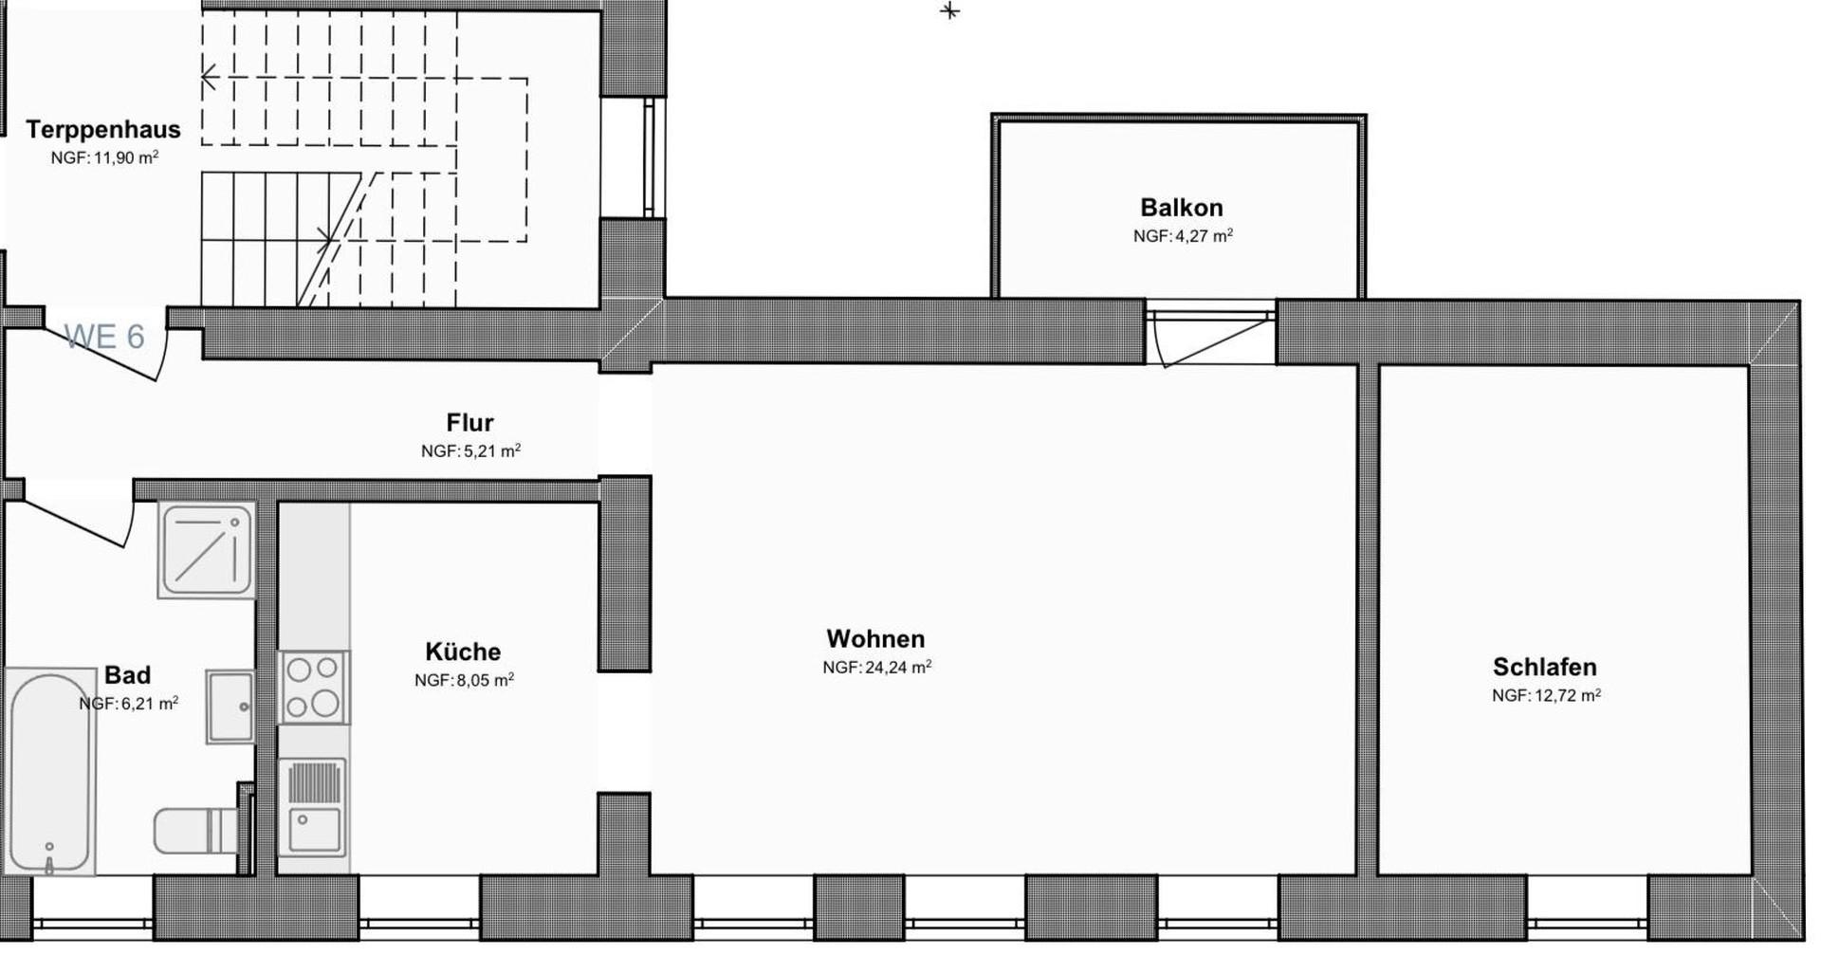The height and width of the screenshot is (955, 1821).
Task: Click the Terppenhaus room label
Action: click(x=102, y=129)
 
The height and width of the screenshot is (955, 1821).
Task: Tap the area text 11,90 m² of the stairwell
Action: click(x=104, y=157)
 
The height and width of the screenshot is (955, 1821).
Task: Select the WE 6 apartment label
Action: click(x=104, y=337)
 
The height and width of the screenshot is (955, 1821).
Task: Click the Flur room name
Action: click(x=469, y=422)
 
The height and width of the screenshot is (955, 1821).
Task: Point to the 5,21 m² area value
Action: click(x=470, y=451)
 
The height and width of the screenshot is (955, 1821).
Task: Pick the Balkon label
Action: click(x=1181, y=207)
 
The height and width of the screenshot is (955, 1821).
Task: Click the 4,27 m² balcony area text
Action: click(x=1183, y=236)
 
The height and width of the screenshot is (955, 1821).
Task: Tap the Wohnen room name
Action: click(x=875, y=638)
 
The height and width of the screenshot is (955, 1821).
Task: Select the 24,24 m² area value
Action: click(x=876, y=668)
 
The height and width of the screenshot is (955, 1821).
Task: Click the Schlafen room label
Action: click(x=1544, y=667)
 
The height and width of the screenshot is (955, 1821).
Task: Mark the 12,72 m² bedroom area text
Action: click(x=1546, y=695)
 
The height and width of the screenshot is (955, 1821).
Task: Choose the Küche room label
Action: click(x=463, y=652)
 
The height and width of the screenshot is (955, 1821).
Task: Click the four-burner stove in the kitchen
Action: click(x=313, y=687)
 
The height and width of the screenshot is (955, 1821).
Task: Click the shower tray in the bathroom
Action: click(x=207, y=550)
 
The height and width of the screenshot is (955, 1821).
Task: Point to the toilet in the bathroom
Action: click(x=194, y=830)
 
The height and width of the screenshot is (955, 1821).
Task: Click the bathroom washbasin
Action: click(x=230, y=706)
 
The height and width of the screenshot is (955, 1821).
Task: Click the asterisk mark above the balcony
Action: click(x=949, y=11)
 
